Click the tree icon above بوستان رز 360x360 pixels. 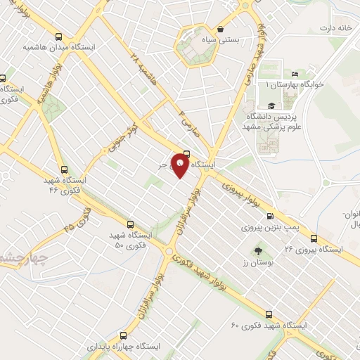tap(257, 250)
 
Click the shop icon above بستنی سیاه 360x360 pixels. tap(221, 30)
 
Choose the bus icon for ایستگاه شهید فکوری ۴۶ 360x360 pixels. tap(65, 169)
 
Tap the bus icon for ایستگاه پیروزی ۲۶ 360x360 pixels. tap(314, 238)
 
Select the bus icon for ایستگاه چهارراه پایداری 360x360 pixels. tap(124, 336)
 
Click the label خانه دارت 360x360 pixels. tap(335, 28)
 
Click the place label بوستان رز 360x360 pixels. tap(257, 262)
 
